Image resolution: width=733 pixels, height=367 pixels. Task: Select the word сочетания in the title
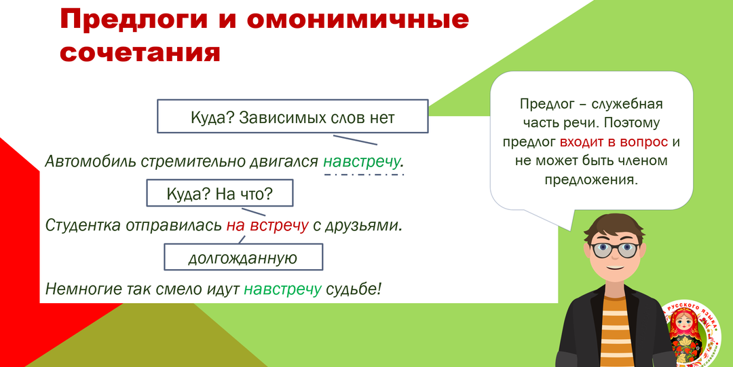[140, 52]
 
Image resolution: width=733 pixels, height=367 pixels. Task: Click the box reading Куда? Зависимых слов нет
[293, 118]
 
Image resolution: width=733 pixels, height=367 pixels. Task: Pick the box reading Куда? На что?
[219, 194]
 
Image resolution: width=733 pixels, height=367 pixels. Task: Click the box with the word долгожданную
[243, 258]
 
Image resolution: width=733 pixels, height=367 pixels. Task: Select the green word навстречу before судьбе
[282, 288]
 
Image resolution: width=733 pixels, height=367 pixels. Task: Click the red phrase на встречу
[267, 225]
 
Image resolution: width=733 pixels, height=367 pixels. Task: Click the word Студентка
[82, 225]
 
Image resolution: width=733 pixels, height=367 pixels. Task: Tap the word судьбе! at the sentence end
[354, 288]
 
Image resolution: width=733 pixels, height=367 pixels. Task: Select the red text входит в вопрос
[614, 142]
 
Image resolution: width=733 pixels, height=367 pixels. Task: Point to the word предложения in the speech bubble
[591, 180]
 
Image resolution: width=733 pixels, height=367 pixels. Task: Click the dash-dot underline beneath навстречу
[364, 175]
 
